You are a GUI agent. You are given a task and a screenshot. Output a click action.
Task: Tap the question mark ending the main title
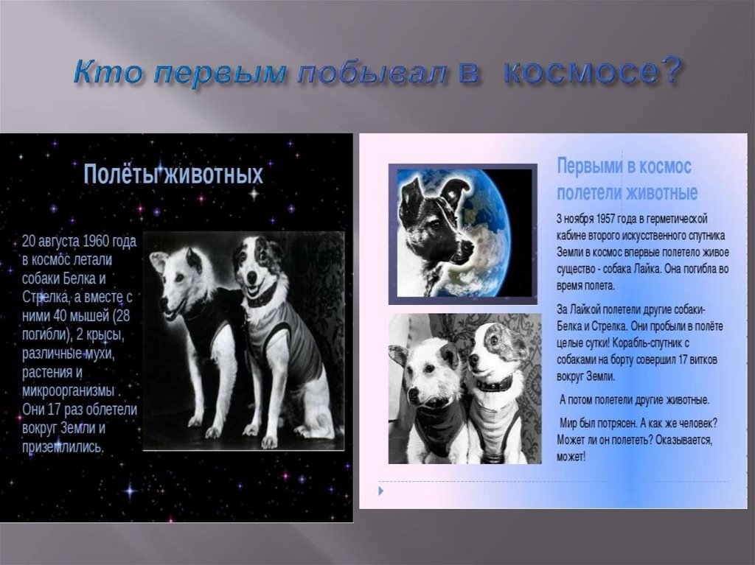click(x=669, y=70)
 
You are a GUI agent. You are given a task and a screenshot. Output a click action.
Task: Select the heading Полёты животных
click(x=173, y=174)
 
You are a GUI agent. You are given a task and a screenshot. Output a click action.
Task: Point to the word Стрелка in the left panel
click(x=45, y=297)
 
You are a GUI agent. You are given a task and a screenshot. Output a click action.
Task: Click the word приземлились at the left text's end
click(x=63, y=447)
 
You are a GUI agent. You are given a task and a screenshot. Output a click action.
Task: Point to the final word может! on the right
click(x=571, y=456)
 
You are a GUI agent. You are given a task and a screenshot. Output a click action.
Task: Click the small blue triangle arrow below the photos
click(x=381, y=491)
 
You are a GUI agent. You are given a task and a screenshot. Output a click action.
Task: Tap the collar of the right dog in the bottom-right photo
click(x=494, y=384)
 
